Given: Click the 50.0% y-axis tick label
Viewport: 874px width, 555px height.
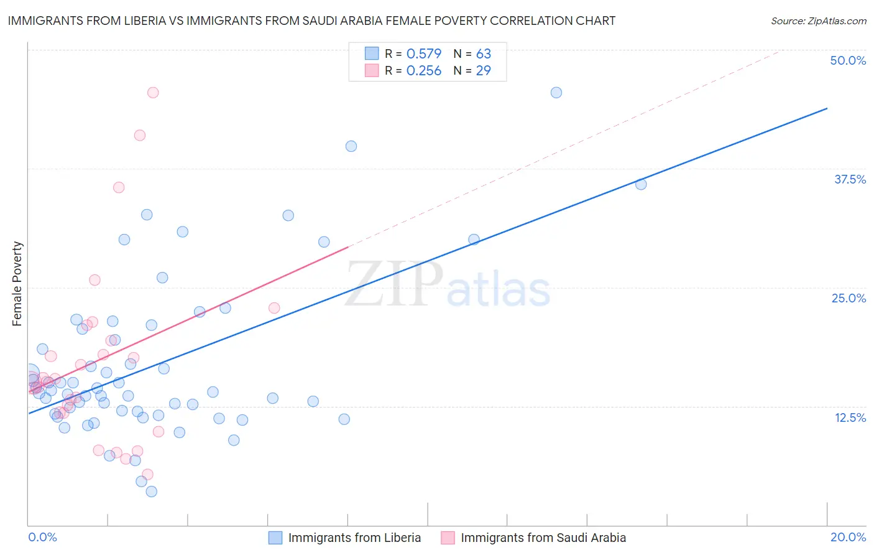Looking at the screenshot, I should (x=847, y=60).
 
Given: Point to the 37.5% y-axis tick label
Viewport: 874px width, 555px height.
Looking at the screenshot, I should (x=849, y=179).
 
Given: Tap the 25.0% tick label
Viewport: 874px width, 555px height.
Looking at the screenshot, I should (x=848, y=298).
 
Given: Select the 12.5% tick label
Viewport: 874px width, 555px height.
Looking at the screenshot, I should (x=849, y=417).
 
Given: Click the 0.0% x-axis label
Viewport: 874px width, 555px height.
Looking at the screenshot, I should (x=42, y=537).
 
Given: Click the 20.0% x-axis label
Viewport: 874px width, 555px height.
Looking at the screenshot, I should (x=847, y=537).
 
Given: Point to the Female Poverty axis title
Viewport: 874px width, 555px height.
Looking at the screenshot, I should (x=17, y=284).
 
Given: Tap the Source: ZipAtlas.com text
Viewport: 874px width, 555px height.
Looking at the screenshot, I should (x=818, y=21).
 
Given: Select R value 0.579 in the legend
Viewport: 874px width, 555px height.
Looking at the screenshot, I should (x=423, y=54).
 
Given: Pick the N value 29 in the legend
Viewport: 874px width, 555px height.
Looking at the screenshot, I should (x=483, y=70).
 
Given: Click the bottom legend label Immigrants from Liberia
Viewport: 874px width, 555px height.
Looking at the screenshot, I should (x=354, y=538).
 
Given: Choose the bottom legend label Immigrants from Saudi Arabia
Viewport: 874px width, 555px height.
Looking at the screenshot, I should (x=543, y=538).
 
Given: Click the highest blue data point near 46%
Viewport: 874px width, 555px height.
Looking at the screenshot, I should (x=556, y=93).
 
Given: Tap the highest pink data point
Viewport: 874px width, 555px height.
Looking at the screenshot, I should (x=153, y=93).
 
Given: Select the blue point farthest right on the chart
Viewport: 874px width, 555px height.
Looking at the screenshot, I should (x=641, y=184).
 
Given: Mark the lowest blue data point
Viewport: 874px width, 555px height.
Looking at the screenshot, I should (x=152, y=492).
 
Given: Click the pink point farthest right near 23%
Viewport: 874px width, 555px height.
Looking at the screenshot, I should (x=274, y=308).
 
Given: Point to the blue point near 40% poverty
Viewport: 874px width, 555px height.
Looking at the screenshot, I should (x=351, y=146).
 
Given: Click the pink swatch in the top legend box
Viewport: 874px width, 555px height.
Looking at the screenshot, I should (x=372, y=70).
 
